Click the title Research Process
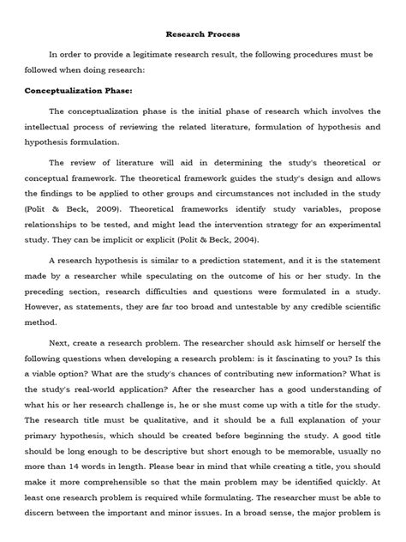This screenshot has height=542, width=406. point(203,34)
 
